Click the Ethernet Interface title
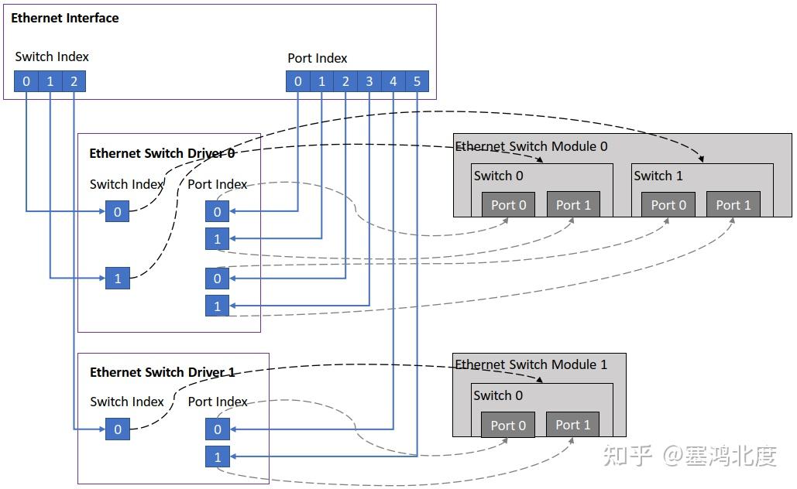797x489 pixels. (64, 19)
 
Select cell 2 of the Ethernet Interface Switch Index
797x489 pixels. (74, 81)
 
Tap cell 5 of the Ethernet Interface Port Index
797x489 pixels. (417, 81)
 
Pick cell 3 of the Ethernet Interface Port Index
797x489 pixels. (369, 81)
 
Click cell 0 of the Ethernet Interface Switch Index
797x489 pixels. (26, 81)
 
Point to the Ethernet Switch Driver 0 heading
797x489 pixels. (162, 153)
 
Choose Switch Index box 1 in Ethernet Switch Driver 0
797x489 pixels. (118, 279)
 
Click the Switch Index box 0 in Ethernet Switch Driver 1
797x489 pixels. (118, 429)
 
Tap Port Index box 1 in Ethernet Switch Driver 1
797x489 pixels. (217, 457)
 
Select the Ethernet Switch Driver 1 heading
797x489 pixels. (162, 372)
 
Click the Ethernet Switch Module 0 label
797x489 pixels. (531, 146)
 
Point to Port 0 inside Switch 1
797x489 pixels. (668, 204)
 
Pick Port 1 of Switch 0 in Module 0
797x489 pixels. (573, 204)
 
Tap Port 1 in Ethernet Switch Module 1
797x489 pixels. (573, 425)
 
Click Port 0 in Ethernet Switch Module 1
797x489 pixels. (508, 425)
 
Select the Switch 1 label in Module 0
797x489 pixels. (658, 176)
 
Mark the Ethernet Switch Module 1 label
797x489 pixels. (531, 364)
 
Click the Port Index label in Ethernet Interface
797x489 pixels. (318, 58)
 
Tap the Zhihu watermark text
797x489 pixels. (690, 455)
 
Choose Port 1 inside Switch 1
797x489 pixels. (733, 204)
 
